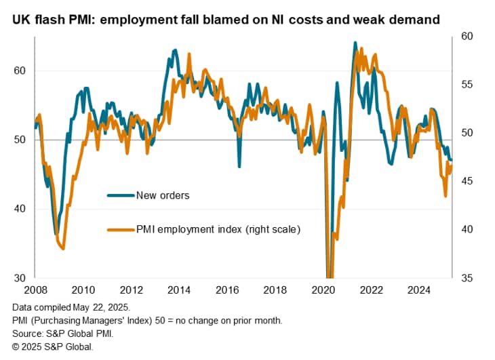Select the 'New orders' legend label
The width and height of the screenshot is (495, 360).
click(x=163, y=196)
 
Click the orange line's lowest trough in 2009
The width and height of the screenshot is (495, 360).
click(x=63, y=249)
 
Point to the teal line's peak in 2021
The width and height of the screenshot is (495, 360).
click(x=355, y=43)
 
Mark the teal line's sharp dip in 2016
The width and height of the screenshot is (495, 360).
click(x=239, y=166)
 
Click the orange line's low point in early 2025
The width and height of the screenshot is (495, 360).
click(x=446, y=196)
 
